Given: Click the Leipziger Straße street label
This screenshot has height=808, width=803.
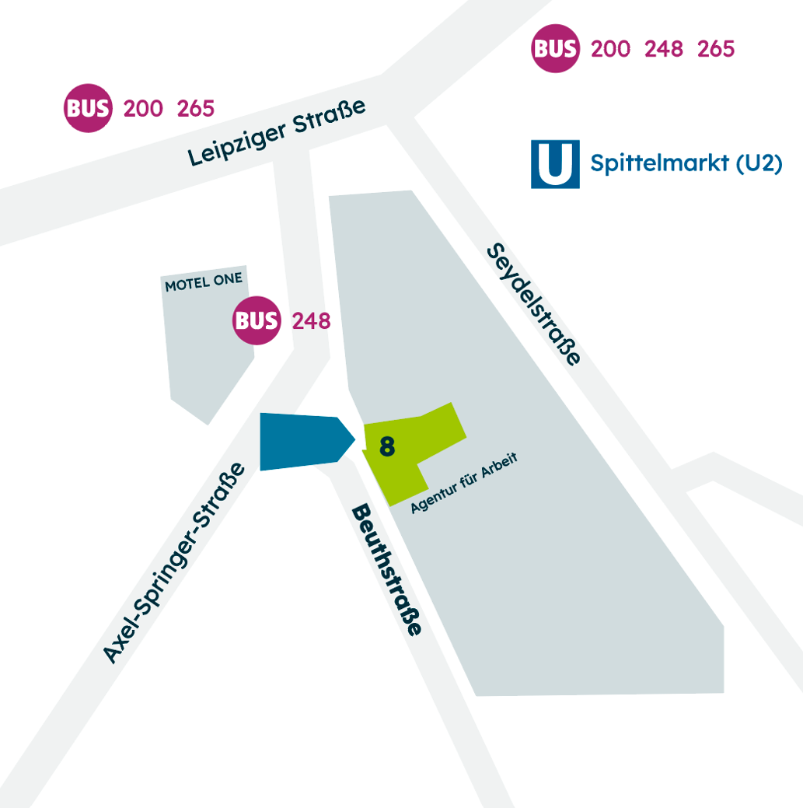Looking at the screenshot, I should pos(277,133).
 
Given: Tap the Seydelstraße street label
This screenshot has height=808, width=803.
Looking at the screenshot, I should pos(534,304).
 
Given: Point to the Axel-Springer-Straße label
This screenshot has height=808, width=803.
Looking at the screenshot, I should pos(174,564).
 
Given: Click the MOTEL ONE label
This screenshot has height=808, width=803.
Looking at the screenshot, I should pos(204,281).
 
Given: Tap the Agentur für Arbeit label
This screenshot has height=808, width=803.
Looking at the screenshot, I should pos(464,483).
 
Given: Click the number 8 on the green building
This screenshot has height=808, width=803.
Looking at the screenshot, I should pos(387,446).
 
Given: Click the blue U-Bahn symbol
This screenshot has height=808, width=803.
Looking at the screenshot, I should pos(555,164).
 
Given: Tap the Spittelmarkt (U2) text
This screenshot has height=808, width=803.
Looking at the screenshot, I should pos(686,163).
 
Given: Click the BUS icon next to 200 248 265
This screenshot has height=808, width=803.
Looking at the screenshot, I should pos(555,49).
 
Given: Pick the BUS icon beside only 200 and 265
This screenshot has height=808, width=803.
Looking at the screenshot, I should pos(88,109).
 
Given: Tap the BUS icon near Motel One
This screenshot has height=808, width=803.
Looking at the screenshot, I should pos(257,320).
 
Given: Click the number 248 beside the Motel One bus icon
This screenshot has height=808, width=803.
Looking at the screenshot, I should pos(312,320).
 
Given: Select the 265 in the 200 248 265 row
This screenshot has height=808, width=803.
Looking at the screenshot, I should pos(716,49).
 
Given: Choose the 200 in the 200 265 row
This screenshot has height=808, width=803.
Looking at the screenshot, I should pos(143,109).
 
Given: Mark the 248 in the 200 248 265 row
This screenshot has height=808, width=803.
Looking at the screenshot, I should pos(663,49).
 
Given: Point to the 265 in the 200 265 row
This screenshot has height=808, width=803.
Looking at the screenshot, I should pos(196,109).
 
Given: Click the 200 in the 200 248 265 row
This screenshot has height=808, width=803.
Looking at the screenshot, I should pos(610,49).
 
